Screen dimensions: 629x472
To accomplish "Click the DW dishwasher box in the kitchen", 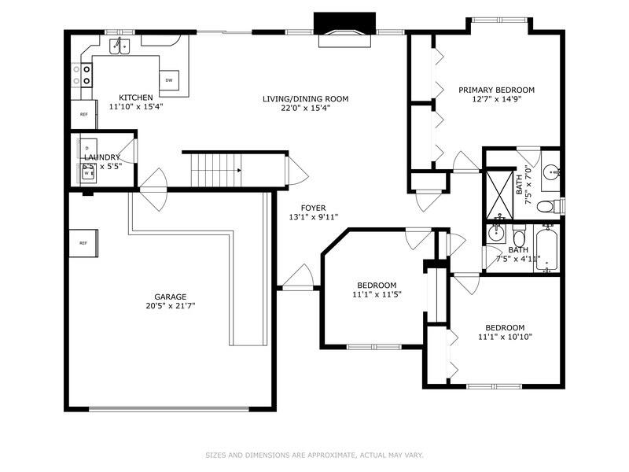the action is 169,80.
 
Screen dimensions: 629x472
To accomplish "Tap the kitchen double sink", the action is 120,46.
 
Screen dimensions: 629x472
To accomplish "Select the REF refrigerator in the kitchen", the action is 83,114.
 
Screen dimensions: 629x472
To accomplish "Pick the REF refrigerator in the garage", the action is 83,243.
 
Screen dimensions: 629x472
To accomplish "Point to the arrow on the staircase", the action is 239,170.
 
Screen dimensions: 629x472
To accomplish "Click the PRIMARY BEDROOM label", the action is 496,90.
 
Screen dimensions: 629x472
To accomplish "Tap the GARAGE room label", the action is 171,297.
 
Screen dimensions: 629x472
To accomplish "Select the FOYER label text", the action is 313,208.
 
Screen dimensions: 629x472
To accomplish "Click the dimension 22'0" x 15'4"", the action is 306,108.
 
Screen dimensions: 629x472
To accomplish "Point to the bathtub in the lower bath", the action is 546,249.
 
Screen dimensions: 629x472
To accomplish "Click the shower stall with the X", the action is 499,194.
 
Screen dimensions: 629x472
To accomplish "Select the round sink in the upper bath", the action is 552,172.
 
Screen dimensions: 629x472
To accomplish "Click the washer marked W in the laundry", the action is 86,173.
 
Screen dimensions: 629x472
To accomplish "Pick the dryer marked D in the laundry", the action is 87,149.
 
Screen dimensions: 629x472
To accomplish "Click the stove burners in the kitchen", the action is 82,75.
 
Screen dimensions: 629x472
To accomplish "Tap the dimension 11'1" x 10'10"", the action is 505,337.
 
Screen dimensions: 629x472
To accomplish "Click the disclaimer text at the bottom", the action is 314,455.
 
